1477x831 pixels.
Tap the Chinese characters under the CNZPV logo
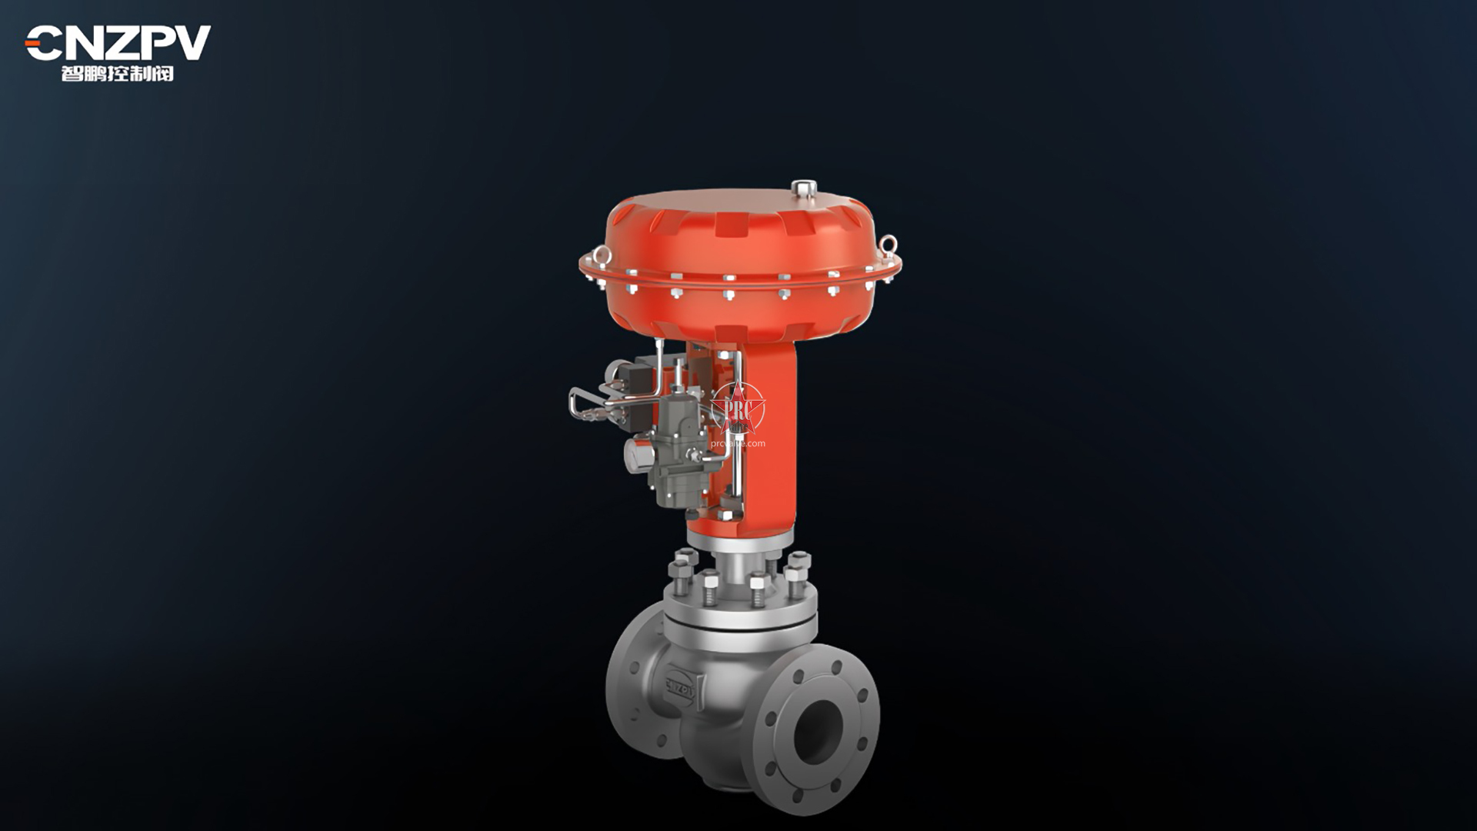tap(118, 74)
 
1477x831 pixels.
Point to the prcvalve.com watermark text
tap(738, 443)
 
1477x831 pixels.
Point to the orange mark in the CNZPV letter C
tap(34, 44)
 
